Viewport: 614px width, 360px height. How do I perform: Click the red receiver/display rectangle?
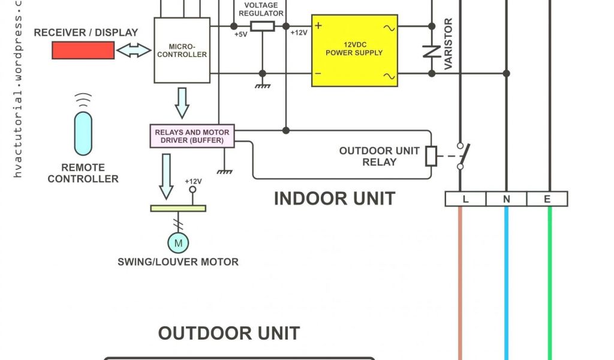(83, 51)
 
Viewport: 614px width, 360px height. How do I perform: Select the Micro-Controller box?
(182, 50)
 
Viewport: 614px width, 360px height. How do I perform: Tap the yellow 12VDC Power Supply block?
(354, 50)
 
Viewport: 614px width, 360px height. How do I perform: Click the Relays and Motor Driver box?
(192, 136)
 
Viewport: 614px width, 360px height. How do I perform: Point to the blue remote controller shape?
(83, 133)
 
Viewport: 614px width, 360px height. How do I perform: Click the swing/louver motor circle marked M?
(177, 243)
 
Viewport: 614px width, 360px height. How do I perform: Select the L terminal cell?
(465, 199)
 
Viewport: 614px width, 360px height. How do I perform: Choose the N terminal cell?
(506, 199)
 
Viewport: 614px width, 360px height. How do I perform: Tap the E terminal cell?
(547, 199)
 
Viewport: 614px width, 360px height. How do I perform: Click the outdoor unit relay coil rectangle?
(431, 156)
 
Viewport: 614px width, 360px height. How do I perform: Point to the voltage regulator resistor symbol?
(262, 26)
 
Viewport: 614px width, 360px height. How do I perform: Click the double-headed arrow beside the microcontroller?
(134, 51)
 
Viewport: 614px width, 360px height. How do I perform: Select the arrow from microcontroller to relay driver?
(182, 103)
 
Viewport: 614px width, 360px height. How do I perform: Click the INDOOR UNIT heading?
(334, 199)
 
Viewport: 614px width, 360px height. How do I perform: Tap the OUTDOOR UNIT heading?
(228, 333)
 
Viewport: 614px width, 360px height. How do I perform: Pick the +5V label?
(240, 34)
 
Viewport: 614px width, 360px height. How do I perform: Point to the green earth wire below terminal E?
(549, 282)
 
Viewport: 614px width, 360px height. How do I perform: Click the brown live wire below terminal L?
(460, 282)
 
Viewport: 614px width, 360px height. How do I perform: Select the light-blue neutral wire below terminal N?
(507, 282)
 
